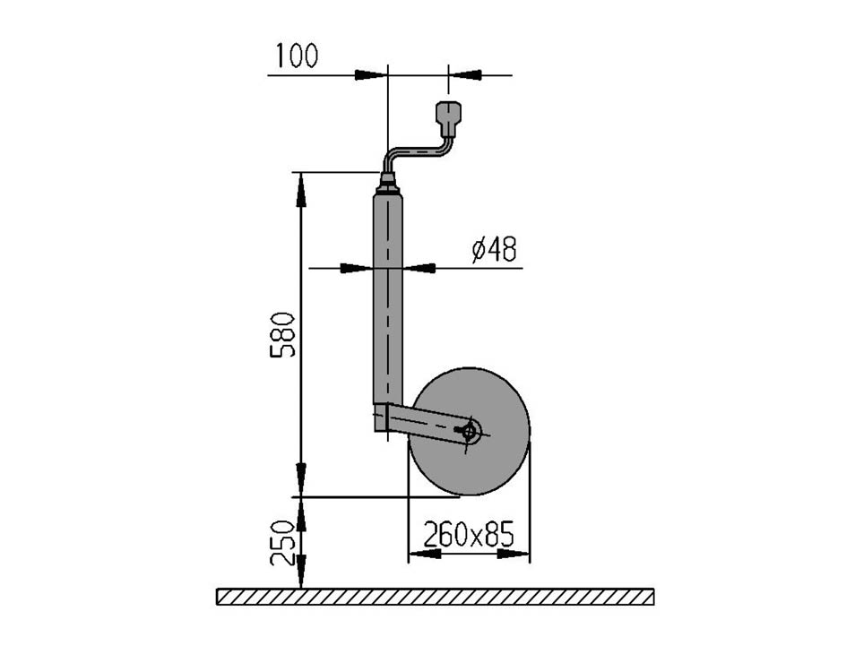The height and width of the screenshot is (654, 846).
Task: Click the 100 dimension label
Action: coord(297,56)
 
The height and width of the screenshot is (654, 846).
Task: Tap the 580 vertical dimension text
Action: coord(282,334)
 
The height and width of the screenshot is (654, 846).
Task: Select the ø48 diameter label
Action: coord(494,249)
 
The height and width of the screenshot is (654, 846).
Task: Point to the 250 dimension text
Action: coord(282,544)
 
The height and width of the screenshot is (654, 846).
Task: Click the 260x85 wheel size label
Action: coord(469,534)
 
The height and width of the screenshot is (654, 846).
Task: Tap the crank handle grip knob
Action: coord(448,118)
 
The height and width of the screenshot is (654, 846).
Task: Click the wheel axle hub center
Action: coord(470,431)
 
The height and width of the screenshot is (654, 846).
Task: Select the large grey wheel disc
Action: coord(470,431)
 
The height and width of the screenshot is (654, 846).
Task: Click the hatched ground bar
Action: coord(436,597)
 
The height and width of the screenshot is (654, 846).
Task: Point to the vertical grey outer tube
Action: coord(388,298)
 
